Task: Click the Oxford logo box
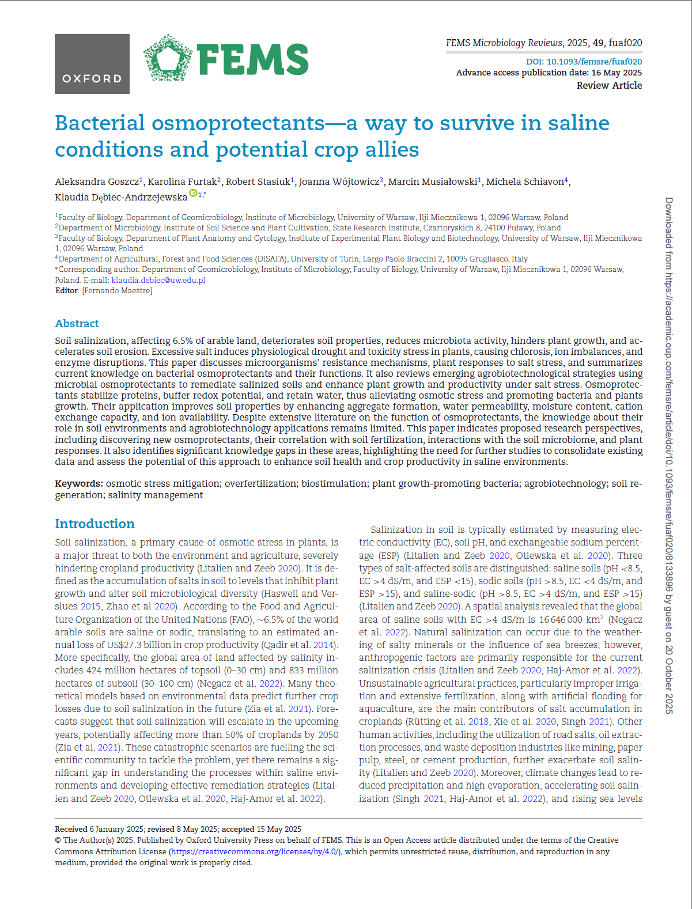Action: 92,64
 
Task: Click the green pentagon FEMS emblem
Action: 167,58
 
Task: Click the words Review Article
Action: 609,85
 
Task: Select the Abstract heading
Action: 77,324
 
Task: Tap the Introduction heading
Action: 95,524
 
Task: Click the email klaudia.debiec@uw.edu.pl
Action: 158,280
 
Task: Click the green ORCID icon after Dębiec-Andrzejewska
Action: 194,194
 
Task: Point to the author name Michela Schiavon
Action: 525,182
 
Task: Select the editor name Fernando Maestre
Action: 118,291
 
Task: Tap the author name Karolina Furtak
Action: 182,182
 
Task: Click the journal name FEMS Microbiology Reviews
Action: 504,43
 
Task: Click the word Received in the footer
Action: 71,829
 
